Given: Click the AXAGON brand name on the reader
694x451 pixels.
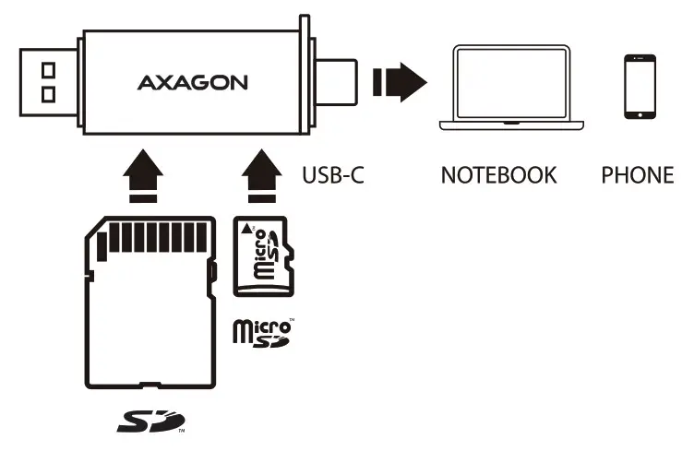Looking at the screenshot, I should (193, 82).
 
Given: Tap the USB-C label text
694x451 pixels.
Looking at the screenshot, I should (333, 174).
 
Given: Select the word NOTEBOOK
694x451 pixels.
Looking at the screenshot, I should (498, 174).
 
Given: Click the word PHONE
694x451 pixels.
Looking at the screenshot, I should (637, 174).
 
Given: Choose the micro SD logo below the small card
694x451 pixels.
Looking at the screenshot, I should (263, 333).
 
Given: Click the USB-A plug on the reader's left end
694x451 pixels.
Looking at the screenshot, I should (47, 81).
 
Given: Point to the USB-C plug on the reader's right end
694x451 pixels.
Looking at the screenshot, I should (338, 81).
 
